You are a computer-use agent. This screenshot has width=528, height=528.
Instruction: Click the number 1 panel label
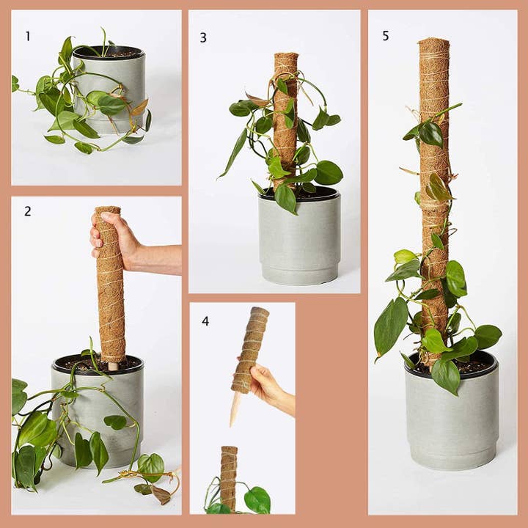point(28,35)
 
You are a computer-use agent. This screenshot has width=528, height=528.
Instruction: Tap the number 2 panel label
point(28,212)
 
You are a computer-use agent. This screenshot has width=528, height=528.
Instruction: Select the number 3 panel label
point(203,37)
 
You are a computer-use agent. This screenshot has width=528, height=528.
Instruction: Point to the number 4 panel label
point(205,321)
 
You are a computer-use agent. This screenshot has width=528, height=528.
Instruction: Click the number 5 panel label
point(385,35)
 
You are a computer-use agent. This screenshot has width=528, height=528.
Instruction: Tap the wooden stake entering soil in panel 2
point(113,364)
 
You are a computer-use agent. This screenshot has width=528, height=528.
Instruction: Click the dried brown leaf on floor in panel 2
point(161,496)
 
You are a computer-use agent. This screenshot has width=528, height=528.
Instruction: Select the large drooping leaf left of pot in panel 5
point(390,327)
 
